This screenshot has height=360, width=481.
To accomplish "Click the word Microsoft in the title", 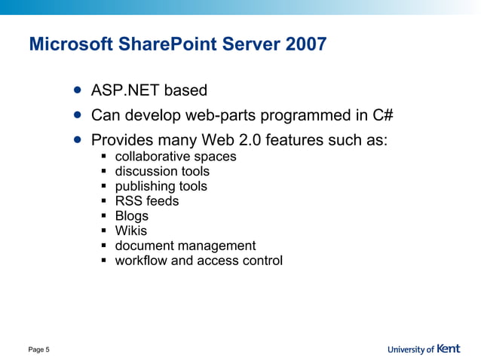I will click(70, 44).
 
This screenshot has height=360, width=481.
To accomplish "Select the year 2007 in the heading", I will click(306, 44).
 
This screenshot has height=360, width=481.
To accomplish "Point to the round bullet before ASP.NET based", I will click(78, 90).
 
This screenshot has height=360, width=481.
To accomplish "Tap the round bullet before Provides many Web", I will click(78, 139).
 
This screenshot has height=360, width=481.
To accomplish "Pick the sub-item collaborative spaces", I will click(175, 157).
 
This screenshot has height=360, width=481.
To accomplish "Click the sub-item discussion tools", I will click(162, 172).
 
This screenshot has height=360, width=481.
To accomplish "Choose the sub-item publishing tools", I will click(161, 186).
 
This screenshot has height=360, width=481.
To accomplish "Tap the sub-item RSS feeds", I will click(146, 201).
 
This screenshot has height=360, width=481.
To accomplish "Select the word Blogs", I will click(131, 216).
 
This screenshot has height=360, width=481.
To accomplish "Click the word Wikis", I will click(130, 230).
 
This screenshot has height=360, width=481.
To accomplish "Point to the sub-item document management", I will click(185, 246).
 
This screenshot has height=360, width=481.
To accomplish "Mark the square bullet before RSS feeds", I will click(106, 202).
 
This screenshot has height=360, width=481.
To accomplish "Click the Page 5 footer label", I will click(39, 349).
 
